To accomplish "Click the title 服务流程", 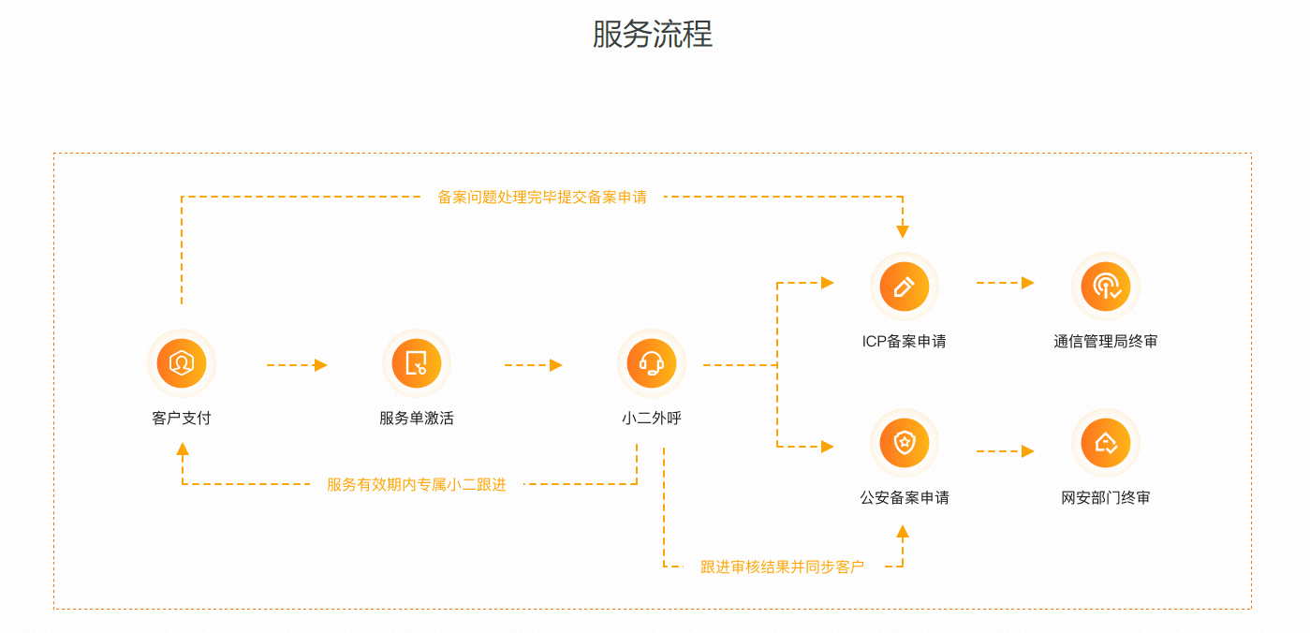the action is coord(653,34).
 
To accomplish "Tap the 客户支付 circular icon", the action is coord(182,363).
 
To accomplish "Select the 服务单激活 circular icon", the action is coord(417,363).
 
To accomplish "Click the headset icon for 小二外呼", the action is coord(652,363).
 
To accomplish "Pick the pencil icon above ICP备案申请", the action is coord(905,287).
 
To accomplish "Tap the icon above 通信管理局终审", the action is coord(1105,287).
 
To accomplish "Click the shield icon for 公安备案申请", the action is coord(905,443).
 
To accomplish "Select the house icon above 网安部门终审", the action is coord(1105,443).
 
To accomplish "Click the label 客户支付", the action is coord(182,418).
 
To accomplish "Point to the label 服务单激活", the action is coord(417,418).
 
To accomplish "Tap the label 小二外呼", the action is coord(652,418).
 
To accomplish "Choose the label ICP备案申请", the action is coord(905,341).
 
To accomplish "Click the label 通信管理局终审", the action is coord(1105,341).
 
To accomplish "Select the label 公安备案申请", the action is coord(905,497).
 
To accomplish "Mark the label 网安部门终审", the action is coord(1105,497).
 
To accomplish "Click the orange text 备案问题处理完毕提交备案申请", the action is coord(542,198).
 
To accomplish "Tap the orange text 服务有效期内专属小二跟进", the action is coord(417,484).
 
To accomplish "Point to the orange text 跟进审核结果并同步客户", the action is coord(782,567).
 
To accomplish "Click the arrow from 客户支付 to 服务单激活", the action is coord(297,365).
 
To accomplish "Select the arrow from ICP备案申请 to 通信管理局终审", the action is coord(1006,283).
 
